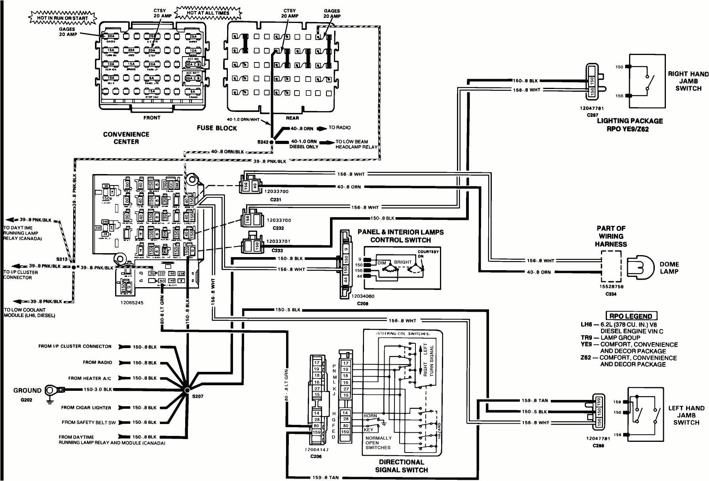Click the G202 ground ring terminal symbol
click(x=50, y=391)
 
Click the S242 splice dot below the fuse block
click(x=271, y=142)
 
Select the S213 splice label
click(x=62, y=259)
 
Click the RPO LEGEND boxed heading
click(x=631, y=316)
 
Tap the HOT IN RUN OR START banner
click(x=63, y=18)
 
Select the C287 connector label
click(x=592, y=115)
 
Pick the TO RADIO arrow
click(x=322, y=128)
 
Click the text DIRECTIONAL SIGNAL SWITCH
click(x=401, y=466)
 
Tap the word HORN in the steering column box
click(x=370, y=416)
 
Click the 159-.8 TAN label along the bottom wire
click(x=325, y=477)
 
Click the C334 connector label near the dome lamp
click(x=611, y=294)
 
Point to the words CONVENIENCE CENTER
click(x=126, y=138)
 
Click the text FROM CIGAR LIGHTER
click(x=86, y=407)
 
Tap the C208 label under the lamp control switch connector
click(x=362, y=303)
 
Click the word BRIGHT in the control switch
click(x=403, y=262)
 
